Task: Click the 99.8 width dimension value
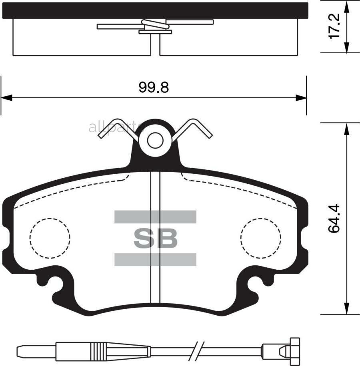[154, 87]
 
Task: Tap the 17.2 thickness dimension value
[334, 26]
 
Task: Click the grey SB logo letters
[155, 238]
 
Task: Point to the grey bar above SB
[155, 217]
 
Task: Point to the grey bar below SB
[155, 259]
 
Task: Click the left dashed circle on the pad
[50, 238]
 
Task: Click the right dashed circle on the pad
[260, 238]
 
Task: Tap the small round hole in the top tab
[155, 140]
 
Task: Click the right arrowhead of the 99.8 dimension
[301, 97]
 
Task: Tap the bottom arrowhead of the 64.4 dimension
[347, 309]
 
